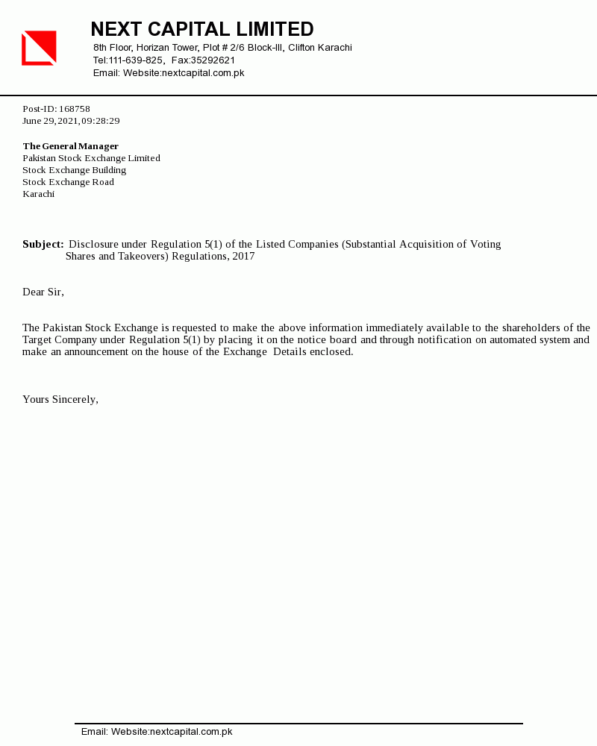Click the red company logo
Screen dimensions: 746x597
[x=39, y=48]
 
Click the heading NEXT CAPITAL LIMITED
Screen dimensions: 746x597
[x=202, y=29]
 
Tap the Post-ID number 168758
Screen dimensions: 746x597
[x=75, y=109]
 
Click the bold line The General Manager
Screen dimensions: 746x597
[x=71, y=146]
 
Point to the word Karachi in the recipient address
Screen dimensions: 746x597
[x=39, y=194]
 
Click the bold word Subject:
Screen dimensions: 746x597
[x=43, y=244]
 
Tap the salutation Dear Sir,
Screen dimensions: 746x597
[x=43, y=292]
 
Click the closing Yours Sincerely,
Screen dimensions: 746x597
[x=60, y=399]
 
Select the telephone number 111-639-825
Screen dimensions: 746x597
[x=136, y=60]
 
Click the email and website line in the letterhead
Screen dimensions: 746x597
[x=169, y=73]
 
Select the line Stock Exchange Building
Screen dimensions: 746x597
[x=75, y=170]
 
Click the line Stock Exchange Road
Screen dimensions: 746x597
[x=69, y=182]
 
